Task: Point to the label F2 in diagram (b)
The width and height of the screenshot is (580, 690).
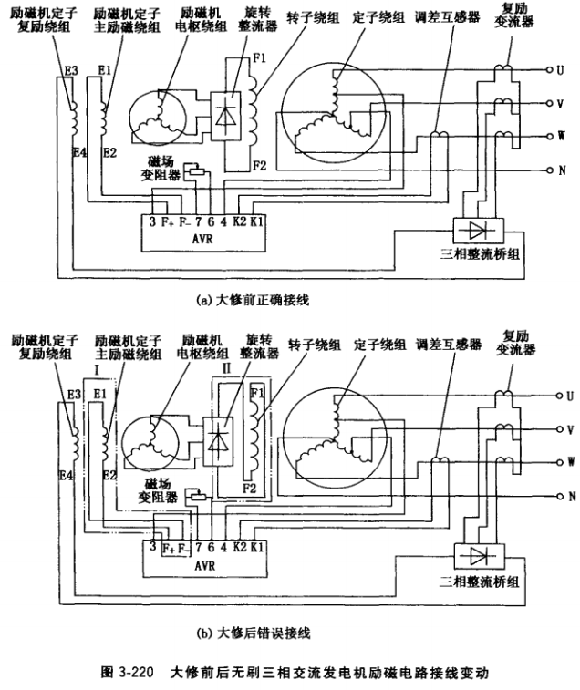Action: pos(248,489)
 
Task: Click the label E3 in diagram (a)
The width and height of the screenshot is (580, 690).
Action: pos(71,69)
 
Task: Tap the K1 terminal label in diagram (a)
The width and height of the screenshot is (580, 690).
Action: pos(256,220)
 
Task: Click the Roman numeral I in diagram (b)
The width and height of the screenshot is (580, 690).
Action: pos(95,374)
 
